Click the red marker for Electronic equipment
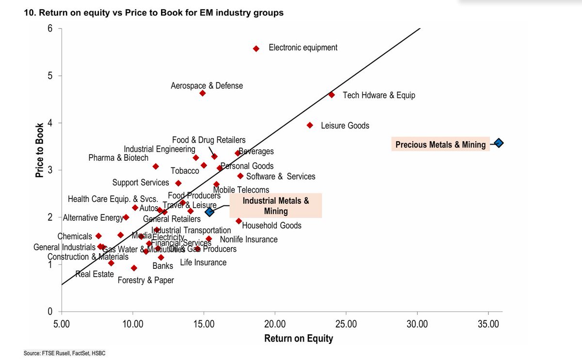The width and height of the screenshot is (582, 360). (x=256, y=49)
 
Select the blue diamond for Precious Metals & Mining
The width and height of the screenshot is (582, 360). (x=499, y=143)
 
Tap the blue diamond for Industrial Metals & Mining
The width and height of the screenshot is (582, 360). (x=210, y=212)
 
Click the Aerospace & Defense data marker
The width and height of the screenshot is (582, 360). (x=202, y=93)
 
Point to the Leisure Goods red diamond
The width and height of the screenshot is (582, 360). (x=310, y=125)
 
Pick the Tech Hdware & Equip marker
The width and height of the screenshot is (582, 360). (x=331, y=95)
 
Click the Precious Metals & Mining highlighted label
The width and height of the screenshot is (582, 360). (x=440, y=145)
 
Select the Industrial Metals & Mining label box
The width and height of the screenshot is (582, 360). (x=275, y=206)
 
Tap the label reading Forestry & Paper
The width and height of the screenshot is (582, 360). (x=145, y=280)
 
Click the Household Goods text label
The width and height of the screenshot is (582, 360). (x=272, y=226)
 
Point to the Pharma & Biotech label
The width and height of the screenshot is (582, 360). (x=118, y=158)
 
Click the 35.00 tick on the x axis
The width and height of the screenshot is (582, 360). (x=487, y=323)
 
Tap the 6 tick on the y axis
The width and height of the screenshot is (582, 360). (x=49, y=28)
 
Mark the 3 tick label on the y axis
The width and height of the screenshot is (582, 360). (x=49, y=170)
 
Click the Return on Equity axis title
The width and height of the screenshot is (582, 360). (x=298, y=339)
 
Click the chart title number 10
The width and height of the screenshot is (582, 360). (x=28, y=13)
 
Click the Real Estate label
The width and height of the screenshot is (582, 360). (x=95, y=275)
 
